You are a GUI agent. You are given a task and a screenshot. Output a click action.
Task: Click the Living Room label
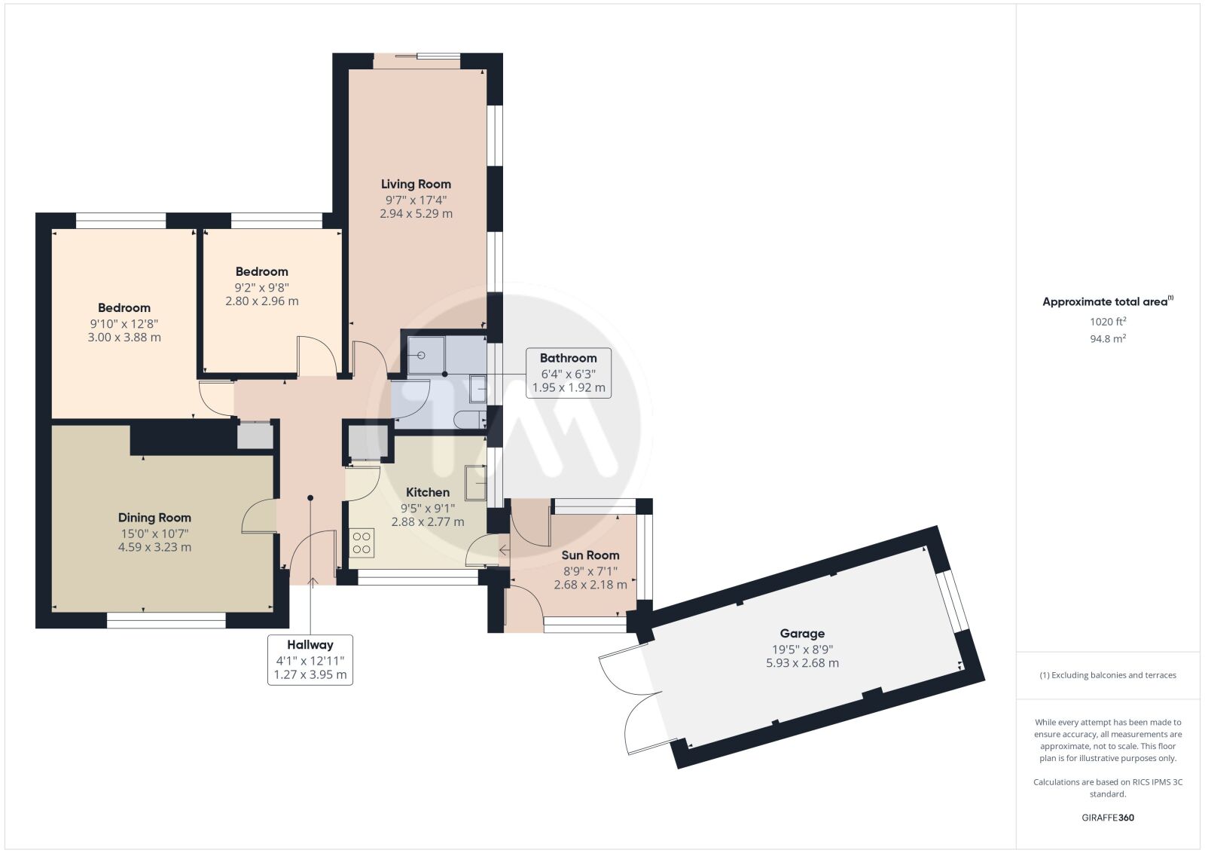coord(416,184)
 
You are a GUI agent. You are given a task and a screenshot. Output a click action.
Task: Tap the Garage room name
coord(802,634)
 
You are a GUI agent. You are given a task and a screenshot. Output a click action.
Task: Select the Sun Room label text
coord(590,555)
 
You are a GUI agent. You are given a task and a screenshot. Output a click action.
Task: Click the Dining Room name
coord(154,517)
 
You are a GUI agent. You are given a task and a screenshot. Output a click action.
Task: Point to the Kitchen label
coord(428,492)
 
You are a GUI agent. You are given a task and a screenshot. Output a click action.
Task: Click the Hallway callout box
coord(310,660)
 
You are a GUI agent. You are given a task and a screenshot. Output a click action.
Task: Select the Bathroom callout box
coord(569,373)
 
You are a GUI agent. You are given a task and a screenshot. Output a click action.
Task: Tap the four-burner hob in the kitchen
coord(361,543)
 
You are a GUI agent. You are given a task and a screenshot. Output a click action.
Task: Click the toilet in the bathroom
coord(470,420)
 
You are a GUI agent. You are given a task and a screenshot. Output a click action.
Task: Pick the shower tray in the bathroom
coord(426,355)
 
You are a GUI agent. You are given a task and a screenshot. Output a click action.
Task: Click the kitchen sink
coord(475,482)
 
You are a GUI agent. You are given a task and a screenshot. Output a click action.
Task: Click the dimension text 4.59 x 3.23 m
coord(154,547)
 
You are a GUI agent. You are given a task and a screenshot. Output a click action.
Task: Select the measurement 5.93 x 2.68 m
coord(802,663)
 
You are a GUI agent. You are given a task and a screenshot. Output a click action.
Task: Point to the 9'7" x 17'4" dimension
coord(416,200)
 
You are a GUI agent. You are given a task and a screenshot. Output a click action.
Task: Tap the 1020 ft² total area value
coord(1108,321)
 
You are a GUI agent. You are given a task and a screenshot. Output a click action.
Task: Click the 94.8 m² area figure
coord(1108,338)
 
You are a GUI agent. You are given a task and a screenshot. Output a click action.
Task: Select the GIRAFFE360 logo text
coord(1108,818)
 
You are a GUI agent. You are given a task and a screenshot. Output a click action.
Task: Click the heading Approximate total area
coord(1108,301)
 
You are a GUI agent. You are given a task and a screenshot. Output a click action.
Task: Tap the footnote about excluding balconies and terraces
coord(1108,675)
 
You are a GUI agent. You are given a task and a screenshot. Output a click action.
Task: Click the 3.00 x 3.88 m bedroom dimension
coord(124,338)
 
